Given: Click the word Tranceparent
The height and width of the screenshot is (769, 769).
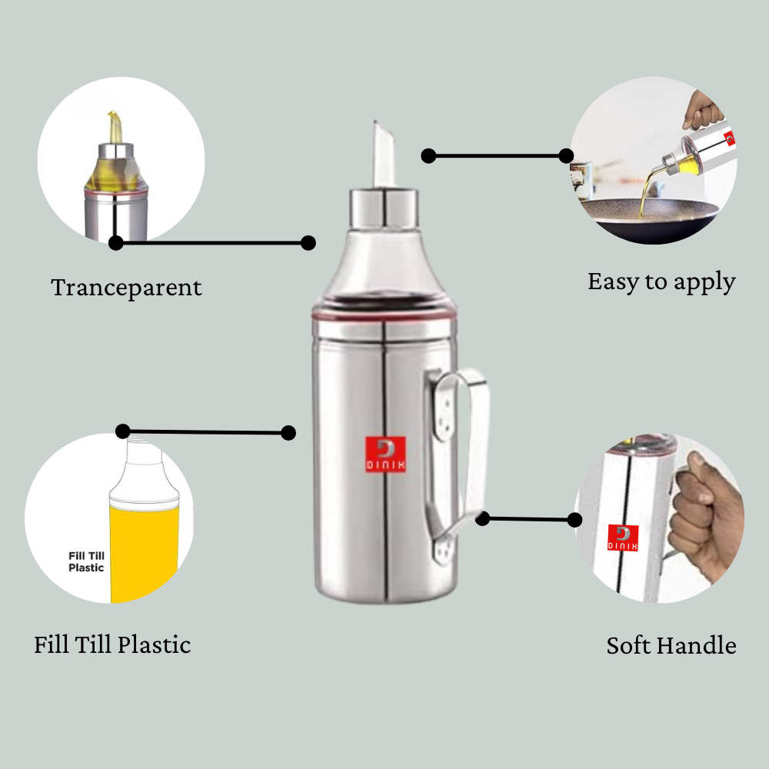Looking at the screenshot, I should click(x=126, y=288).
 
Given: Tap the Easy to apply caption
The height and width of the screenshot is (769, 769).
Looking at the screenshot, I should click(x=661, y=282).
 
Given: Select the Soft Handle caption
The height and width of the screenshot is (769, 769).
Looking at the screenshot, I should click(x=671, y=645).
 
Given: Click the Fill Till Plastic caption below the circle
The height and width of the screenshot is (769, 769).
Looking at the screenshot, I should click(x=112, y=644).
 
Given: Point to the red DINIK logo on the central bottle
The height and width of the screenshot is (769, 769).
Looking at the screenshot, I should click(x=384, y=454).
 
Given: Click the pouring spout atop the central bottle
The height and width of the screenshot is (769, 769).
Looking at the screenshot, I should click(x=384, y=154).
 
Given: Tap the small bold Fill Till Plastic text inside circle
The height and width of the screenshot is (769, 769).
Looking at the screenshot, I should click(x=86, y=561).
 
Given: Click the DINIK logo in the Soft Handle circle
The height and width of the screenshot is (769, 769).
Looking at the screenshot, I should click(x=623, y=538).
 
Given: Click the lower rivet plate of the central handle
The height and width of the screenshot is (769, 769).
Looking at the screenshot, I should click(x=441, y=548).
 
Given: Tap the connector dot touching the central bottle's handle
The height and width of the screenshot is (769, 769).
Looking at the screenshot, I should click(x=483, y=519).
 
